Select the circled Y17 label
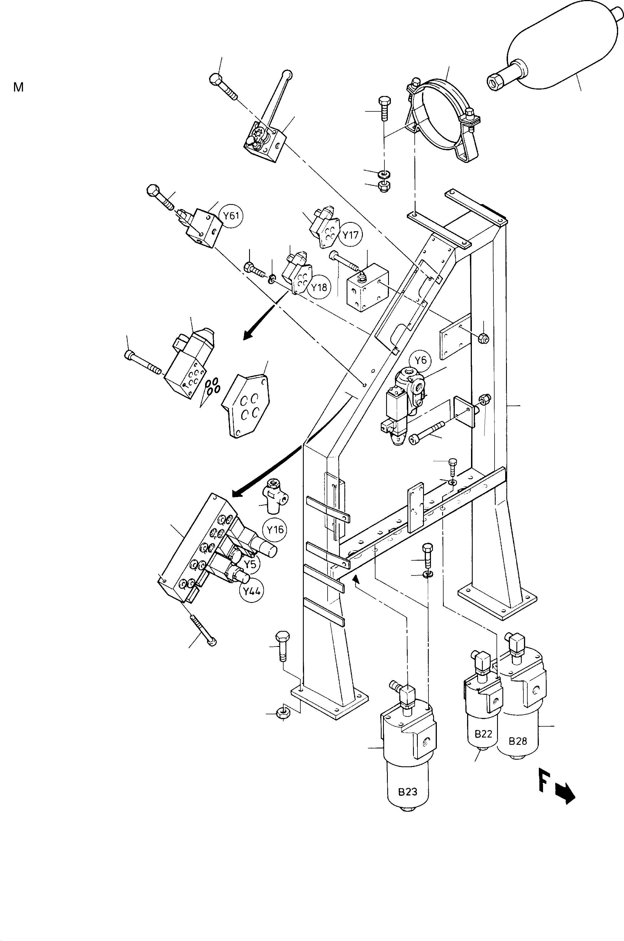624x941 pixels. click(x=351, y=235)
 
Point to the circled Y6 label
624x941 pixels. click(x=420, y=360)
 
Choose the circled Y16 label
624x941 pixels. click(x=275, y=530)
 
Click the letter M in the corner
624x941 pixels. click(x=18, y=87)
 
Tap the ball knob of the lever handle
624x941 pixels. click(x=287, y=74)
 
